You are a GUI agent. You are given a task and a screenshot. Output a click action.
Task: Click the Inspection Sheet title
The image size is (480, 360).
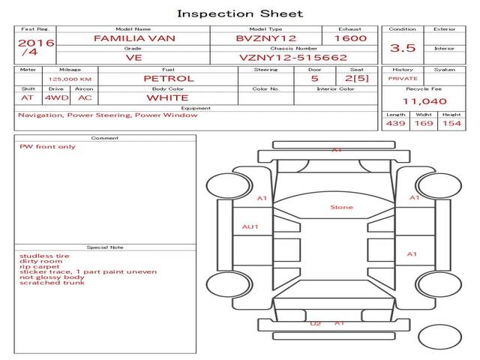240,13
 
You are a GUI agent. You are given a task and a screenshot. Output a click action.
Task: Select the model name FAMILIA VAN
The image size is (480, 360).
132,37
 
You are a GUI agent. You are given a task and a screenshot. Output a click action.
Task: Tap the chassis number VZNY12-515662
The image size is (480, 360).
293,57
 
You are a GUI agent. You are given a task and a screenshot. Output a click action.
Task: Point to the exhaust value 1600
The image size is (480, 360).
350,37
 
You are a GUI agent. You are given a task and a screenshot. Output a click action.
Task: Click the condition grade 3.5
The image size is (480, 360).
403,47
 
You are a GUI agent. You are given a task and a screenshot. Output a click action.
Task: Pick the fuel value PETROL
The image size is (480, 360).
168,78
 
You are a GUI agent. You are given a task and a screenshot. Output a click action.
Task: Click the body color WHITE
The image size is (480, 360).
167,97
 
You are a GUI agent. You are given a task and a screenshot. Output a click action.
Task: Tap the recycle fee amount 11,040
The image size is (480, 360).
424,100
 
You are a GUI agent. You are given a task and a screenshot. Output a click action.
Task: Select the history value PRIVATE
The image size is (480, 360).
403,78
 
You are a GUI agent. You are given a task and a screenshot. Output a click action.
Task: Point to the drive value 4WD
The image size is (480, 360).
54,97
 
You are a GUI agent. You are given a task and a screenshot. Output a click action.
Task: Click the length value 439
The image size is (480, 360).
396,123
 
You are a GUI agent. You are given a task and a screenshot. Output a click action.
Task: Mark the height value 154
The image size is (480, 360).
451,123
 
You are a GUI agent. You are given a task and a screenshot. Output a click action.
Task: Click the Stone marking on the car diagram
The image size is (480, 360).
341,207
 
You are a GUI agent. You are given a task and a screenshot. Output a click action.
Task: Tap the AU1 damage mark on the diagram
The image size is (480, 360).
250,226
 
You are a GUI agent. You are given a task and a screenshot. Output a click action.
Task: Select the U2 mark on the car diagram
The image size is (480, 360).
315,323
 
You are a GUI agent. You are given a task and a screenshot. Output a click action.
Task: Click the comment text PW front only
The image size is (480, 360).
47,146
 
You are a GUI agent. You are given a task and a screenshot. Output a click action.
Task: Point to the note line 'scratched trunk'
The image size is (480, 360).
52,282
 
